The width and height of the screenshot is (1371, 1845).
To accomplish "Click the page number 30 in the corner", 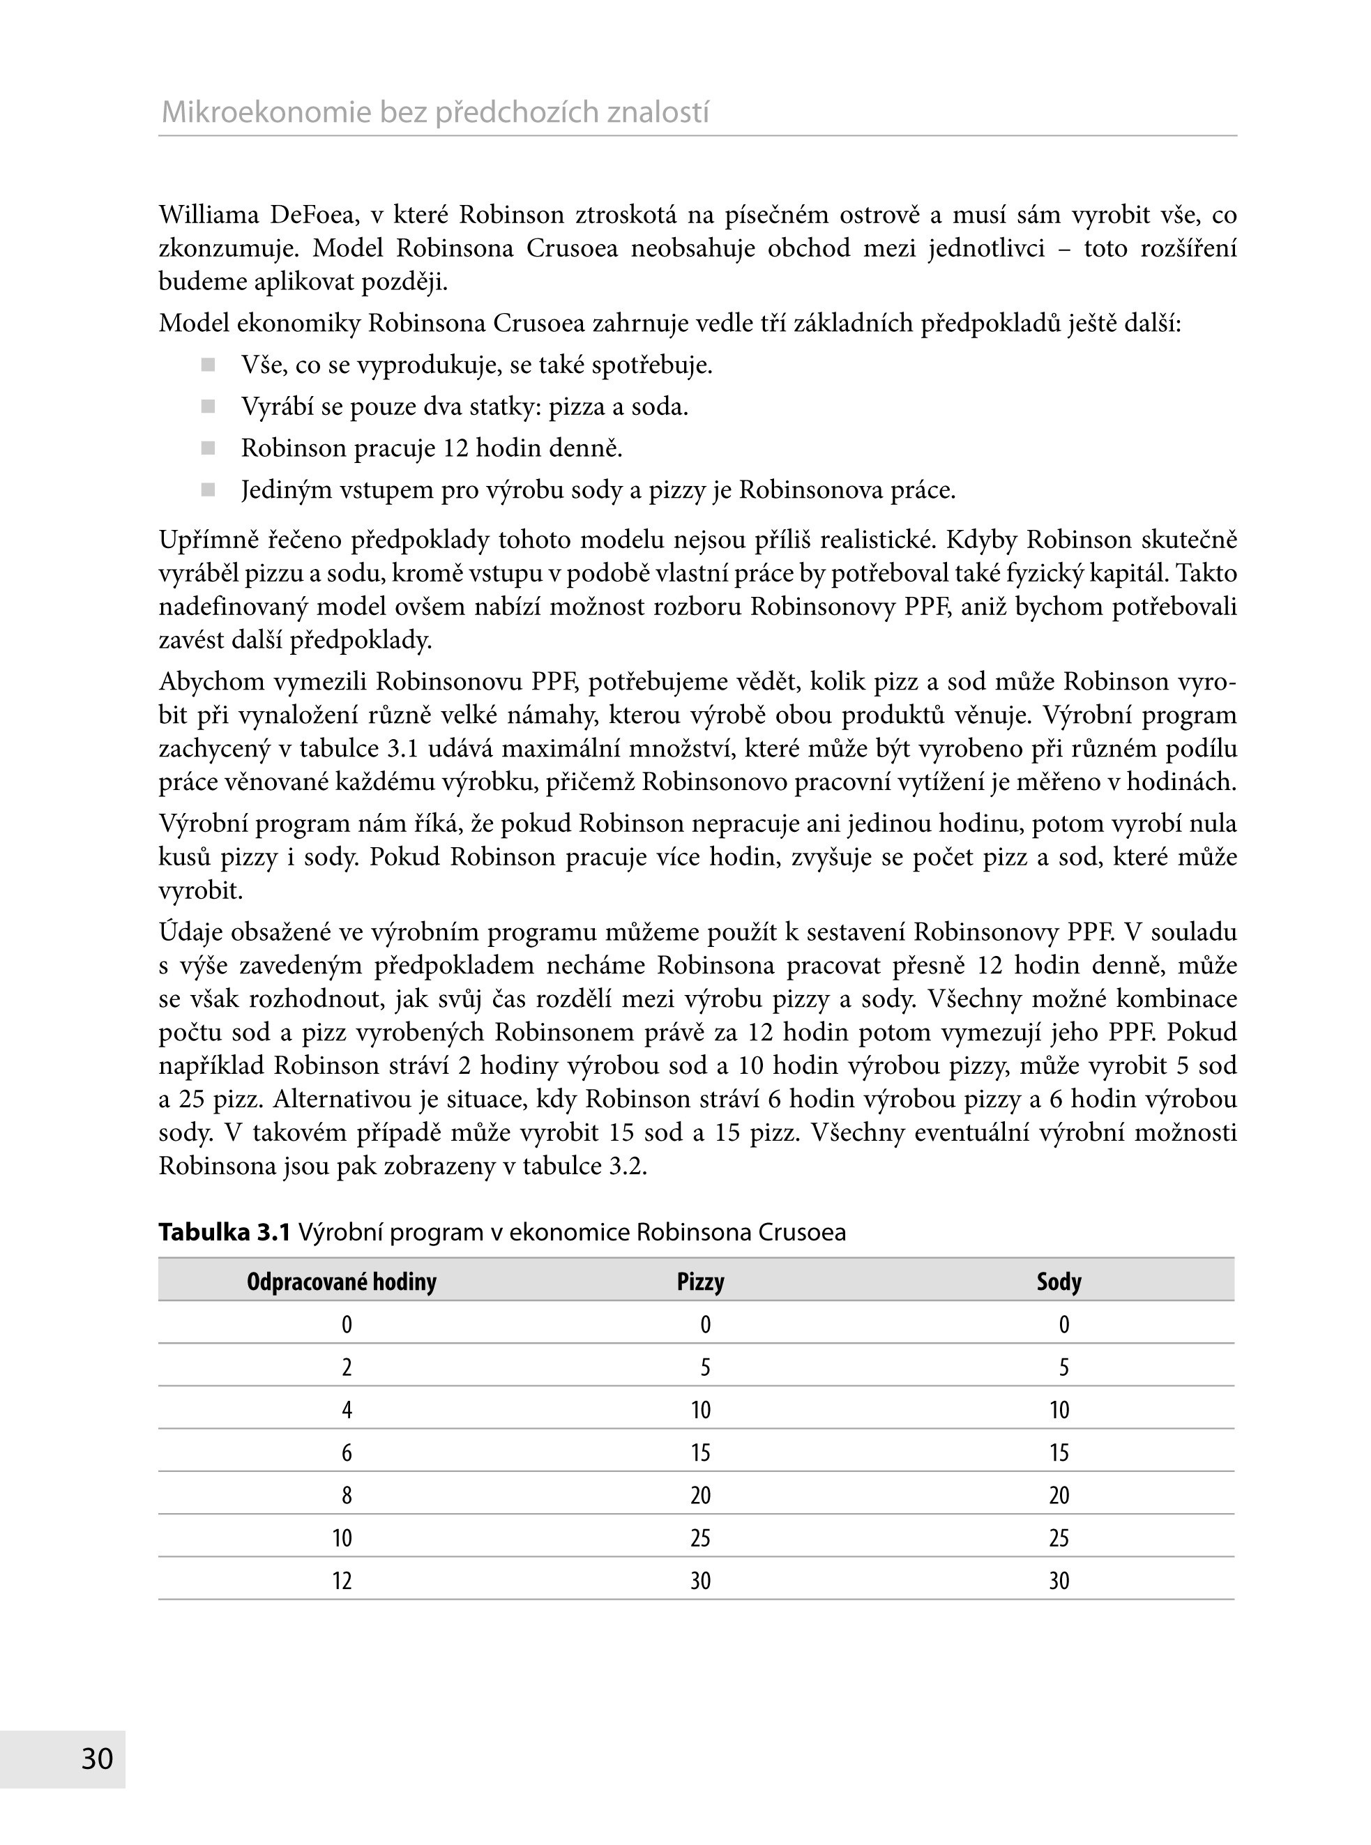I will tap(97, 1758).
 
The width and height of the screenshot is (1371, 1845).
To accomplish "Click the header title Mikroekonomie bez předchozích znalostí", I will tap(435, 112).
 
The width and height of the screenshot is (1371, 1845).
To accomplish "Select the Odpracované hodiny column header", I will tap(341, 1282).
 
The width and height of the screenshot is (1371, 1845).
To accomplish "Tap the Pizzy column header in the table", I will tap(700, 1282).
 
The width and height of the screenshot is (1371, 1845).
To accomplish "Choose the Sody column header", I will tap(1059, 1282).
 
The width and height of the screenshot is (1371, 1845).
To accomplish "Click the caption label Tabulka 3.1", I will tap(224, 1232).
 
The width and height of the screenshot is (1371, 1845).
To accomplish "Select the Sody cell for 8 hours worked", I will tap(1059, 1496).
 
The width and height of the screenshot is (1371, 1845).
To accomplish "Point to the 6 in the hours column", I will tap(347, 1452).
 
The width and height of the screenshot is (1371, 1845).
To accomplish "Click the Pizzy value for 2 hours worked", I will tap(704, 1367).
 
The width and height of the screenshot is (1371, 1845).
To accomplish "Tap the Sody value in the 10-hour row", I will tap(1059, 1538).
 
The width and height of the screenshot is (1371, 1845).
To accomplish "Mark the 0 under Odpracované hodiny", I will tap(347, 1325).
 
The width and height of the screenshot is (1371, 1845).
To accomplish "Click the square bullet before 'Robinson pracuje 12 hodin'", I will tap(209, 448).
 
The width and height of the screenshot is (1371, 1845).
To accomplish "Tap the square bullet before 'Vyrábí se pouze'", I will tap(209, 407).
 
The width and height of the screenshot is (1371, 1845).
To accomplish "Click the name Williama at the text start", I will tap(209, 215).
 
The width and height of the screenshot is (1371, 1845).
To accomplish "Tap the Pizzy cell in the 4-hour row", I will tap(700, 1411).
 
